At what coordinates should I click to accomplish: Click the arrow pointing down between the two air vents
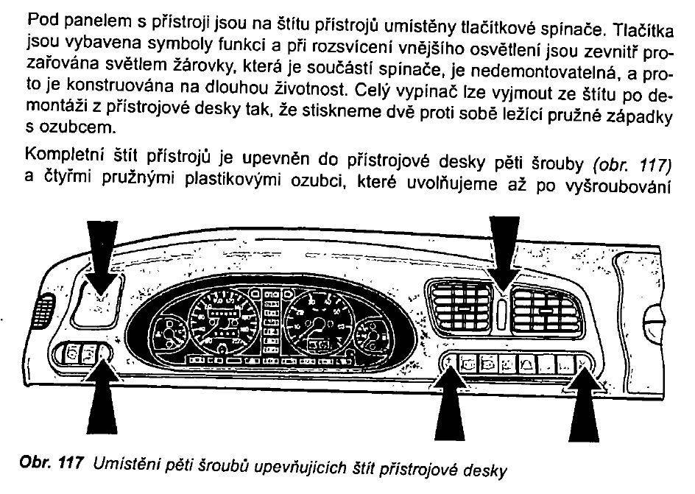tap(504, 253)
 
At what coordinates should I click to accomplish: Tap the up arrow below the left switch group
tap(102, 397)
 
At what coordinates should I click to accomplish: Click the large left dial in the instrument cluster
tap(224, 320)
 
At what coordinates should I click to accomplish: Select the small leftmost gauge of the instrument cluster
tap(170, 336)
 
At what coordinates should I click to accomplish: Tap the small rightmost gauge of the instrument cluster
tap(372, 336)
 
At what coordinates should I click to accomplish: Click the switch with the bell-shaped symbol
tap(527, 364)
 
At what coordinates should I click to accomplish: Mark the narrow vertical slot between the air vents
tap(501, 314)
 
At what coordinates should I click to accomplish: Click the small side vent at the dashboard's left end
tap(43, 310)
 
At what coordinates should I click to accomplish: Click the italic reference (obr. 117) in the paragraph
tap(632, 165)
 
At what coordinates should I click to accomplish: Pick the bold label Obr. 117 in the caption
tap(52, 463)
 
